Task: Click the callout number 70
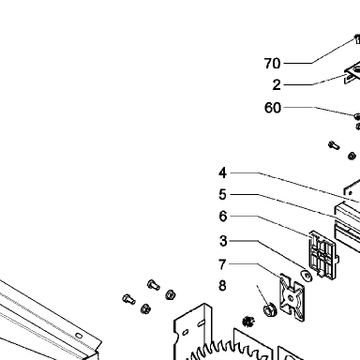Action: [x=272, y=64]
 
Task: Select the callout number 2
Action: [x=277, y=84]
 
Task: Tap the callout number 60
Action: [x=273, y=108]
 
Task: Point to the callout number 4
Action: [x=222, y=172]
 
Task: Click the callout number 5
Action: [x=222, y=195]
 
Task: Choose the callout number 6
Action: [x=222, y=216]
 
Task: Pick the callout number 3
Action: [x=222, y=241]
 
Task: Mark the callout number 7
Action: [x=222, y=264]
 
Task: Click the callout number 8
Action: [x=222, y=286]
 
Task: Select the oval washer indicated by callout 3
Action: [x=307, y=276]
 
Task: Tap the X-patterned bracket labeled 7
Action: [x=292, y=298]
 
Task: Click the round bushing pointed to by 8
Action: [x=269, y=309]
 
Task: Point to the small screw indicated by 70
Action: [x=357, y=39]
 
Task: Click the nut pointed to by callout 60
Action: [x=357, y=116]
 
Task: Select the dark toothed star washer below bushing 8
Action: [x=248, y=322]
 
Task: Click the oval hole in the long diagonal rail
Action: [x=79, y=336]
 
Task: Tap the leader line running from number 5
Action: [x=283, y=204]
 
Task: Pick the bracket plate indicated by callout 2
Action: [x=352, y=72]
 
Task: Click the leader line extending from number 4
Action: [x=295, y=187]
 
